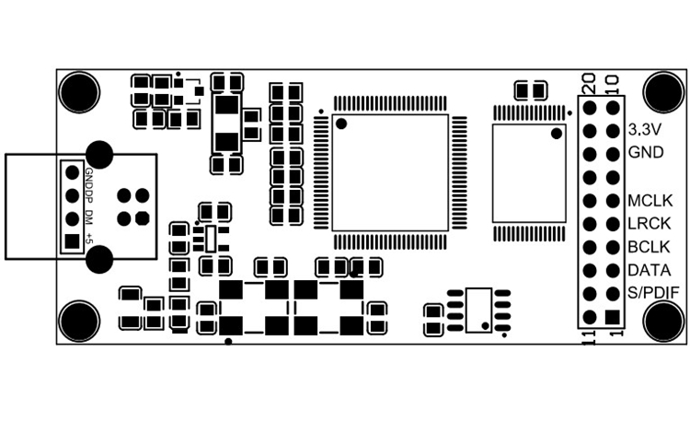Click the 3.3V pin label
coord(645,130)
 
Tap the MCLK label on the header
coord(650,201)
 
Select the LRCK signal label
coord(650,224)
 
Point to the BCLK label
coord(650,247)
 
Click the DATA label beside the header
coord(650,270)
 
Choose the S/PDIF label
coord(653,292)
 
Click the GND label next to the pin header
coord(646,152)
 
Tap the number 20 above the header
coord(589,83)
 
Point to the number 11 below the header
coord(589,338)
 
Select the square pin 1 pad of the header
coord(613,317)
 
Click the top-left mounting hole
coord(79,92)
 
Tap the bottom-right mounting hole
coord(664,322)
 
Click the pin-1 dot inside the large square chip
coord(341,123)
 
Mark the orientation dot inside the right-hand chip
coord(557,133)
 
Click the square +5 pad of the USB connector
coord(72,241)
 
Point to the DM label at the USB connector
coord(89,217)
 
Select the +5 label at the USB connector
coord(89,238)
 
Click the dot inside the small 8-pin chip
coord(486,325)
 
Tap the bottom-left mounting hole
coord(79,322)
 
